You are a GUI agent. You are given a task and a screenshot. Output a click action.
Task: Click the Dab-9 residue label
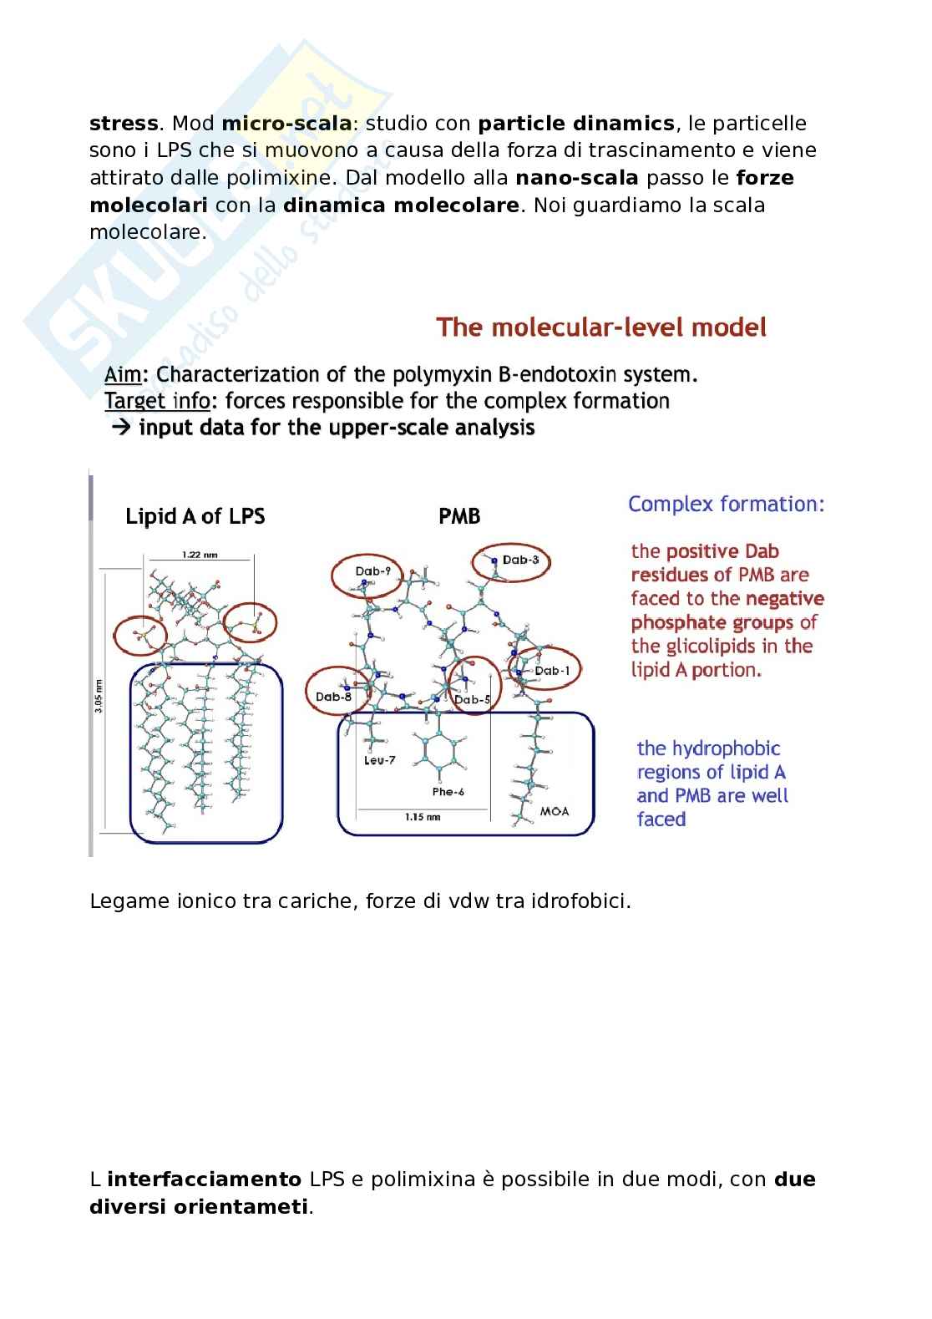point(372,571)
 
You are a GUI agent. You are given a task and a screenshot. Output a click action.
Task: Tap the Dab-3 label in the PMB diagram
point(520,560)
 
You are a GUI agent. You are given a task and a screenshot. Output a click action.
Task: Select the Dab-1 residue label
point(552,670)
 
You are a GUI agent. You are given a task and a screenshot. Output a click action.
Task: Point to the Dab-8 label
point(333,697)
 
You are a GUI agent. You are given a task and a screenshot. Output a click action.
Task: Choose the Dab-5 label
point(472,699)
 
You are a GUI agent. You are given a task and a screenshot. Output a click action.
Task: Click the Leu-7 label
point(380,760)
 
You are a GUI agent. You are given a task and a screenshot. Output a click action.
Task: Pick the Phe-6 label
point(448,791)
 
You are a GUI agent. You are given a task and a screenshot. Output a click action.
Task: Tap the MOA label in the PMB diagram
point(555,811)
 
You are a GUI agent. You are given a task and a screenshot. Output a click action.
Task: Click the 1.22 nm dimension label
point(200,554)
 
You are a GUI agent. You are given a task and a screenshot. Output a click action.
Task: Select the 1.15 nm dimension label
point(422,817)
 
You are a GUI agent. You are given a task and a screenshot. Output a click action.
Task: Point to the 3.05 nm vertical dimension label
point(99,696)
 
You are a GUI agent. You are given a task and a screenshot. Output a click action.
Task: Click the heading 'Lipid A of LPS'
point(195,516)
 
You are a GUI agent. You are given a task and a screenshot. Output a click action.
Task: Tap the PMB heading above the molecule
point(459,516)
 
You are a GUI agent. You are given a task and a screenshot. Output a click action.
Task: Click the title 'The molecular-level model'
point(601,327)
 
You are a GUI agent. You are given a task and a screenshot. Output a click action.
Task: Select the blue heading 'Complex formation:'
point(727,504)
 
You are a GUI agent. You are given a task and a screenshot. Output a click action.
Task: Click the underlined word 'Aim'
point(123,374)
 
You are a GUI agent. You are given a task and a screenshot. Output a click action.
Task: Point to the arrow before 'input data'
point(121,428)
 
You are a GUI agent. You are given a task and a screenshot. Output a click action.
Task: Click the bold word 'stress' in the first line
point(124,124)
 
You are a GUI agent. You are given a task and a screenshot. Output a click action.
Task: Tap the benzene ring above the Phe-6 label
point(438,751)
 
